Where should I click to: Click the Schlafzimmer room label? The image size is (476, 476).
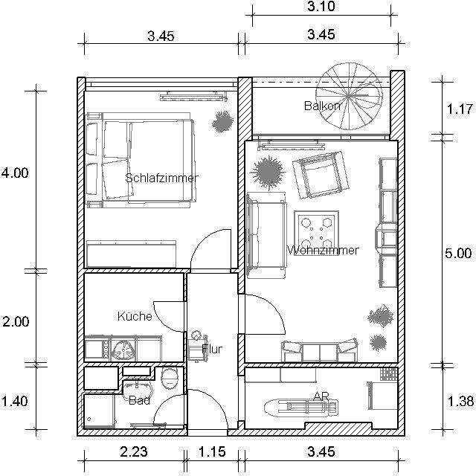click(x=162, y=178)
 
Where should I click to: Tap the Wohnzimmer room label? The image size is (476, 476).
click(x=323, y=250)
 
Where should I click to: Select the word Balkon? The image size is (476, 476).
click(x=322, y=106)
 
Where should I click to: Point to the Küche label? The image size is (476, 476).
click(x=135, y=316)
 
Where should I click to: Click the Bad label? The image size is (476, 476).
click(x=139, y=400)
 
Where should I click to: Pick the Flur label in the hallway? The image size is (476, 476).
click(x=212, y=349)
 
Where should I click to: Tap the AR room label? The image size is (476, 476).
click(x=321, y=396)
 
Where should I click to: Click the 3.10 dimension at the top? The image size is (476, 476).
click(x=321, y=6)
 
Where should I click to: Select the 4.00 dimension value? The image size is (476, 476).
click(x=15, y=173)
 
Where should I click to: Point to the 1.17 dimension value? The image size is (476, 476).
click(x=460, y=109)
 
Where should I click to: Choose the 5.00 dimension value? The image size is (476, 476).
click(x=458, y=253)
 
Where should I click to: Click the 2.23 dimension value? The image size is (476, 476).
click(x=134, y=451)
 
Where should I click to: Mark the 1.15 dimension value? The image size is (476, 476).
click(x=212, y=451)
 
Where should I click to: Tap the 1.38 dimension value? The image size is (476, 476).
click(x=461, y=402)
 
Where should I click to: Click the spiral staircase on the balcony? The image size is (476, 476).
click(x=350, y=97)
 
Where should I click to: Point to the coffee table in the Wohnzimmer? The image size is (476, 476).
click(x=316, y=233)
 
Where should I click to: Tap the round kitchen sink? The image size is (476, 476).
click(x=124, y=350)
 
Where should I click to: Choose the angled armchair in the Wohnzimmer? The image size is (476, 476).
click(x=321, y=175)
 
